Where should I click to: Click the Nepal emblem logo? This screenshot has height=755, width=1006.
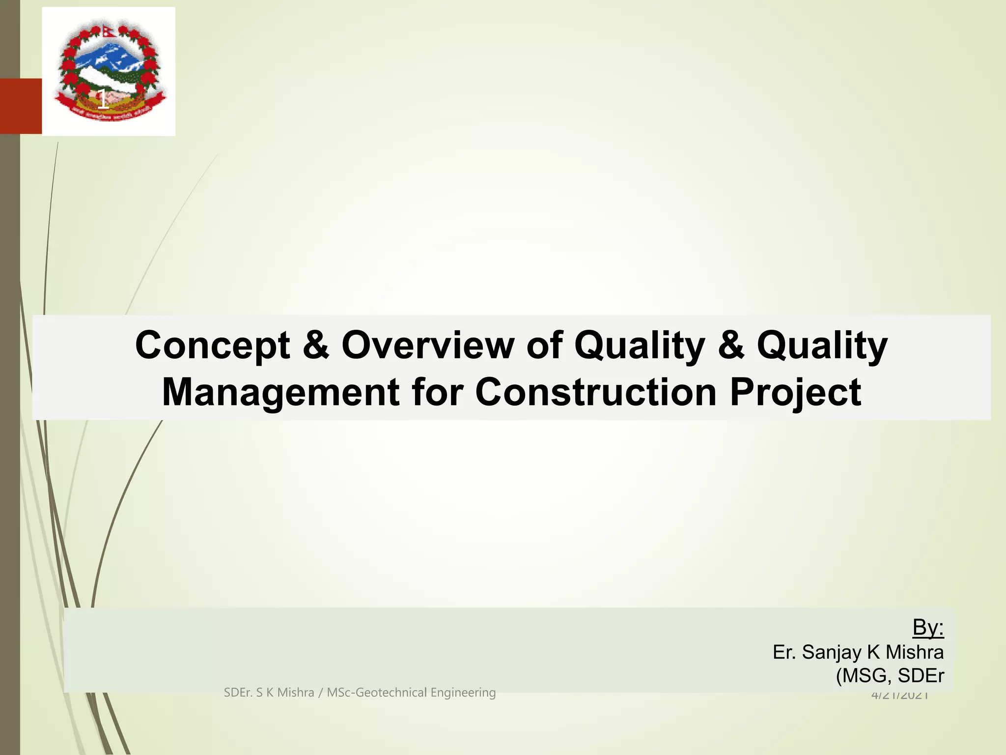click(x=109, y=71)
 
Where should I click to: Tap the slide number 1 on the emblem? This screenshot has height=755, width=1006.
click(x=102, y=99)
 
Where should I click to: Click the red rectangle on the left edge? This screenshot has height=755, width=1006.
click(x=21, y=106)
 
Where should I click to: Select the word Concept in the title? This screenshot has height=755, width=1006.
click(x=213, y=346)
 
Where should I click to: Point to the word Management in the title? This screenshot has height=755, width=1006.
click(x=280, y=393)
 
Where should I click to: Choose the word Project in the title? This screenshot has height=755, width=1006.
click(x=795, y=393)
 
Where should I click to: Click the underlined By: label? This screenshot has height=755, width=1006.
click(x=927, y=628)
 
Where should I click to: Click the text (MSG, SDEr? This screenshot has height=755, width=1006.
click(x=890, y=676)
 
